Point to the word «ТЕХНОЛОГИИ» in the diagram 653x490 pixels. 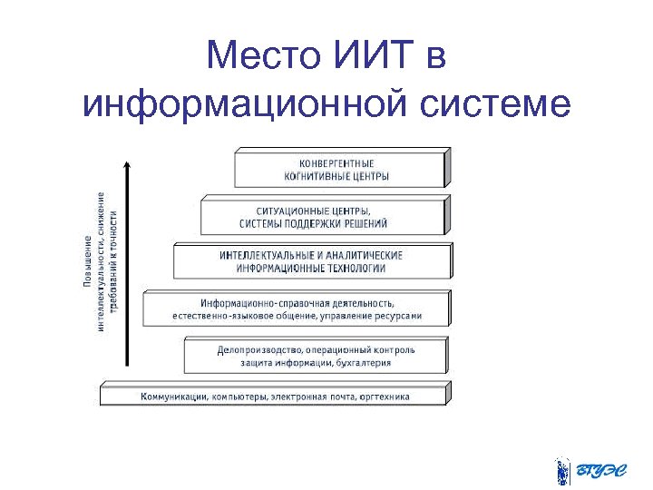[354, 269]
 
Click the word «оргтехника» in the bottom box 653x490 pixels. [385, 397]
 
